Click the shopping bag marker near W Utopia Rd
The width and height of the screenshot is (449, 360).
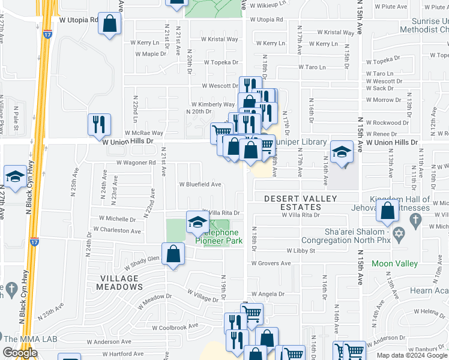[110, 25]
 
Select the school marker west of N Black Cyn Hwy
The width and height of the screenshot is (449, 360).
[15, 176]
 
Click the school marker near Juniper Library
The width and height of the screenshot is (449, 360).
[342, 151]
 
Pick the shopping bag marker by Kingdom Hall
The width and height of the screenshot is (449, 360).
[387, 211]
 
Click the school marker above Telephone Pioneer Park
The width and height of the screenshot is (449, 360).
[197, 223]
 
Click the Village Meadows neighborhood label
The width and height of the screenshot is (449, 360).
[119, 283]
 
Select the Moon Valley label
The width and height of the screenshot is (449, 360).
[394, 263]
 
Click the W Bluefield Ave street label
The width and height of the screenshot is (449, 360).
[200, 184]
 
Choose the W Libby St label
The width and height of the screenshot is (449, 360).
[301, 250]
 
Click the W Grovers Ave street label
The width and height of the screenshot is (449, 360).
[270, 263]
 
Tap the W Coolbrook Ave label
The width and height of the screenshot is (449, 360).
[175, 328]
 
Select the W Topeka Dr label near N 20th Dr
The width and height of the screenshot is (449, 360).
[221, 62]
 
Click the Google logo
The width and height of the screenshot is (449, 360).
[20, 353]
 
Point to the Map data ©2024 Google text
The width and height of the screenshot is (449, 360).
[411, 355]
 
